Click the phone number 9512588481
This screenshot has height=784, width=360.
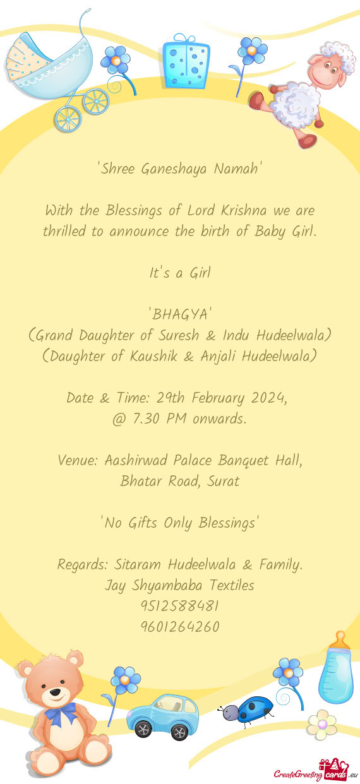pos(180,606)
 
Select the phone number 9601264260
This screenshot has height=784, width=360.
pos(180,627)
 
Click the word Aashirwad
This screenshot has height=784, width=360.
pos(136,460)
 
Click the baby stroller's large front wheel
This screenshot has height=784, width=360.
pos(95,101)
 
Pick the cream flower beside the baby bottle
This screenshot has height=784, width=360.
pos(322,724)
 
